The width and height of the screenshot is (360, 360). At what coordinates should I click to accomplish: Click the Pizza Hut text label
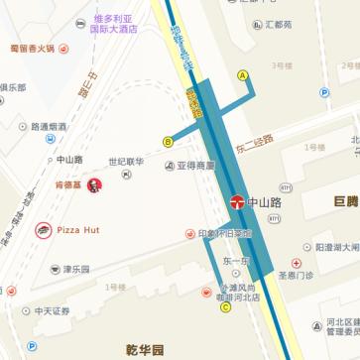(78, 230)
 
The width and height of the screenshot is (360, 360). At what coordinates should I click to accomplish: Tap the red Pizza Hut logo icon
(44, 230)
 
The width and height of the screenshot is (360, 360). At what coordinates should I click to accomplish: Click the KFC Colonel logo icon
(94, 185)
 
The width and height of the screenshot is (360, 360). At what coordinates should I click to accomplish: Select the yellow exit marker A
(242, 75)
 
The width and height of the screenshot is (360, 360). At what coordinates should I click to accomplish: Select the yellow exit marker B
(169, 142)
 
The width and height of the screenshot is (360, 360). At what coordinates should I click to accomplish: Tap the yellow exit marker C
(225, 306)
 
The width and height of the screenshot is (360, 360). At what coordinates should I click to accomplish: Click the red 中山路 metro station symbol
(239, 201)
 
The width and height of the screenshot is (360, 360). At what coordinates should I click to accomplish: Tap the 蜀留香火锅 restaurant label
(32, 47)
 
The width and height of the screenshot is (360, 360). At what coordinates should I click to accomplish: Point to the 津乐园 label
(76, 269)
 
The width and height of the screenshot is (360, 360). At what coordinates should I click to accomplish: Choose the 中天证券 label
(52, 310)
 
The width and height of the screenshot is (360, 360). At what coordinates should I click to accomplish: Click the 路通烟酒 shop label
(49, 127)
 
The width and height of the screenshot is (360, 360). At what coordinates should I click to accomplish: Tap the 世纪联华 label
(126, 163)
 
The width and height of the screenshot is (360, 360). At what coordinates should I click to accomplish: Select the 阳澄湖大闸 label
(336, 247)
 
